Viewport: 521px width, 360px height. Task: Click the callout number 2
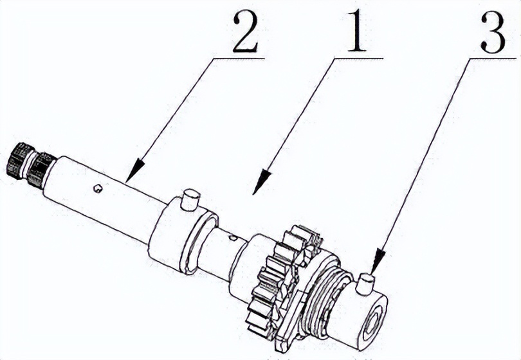245,33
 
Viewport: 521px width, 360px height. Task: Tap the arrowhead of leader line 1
262,181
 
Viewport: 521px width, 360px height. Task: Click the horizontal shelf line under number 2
239,58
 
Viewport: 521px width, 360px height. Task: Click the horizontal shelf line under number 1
358,58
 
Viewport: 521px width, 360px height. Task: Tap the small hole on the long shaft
97,188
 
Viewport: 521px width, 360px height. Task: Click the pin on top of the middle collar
190,199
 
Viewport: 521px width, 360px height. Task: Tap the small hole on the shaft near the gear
233,238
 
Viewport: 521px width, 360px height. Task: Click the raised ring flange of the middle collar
199,244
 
